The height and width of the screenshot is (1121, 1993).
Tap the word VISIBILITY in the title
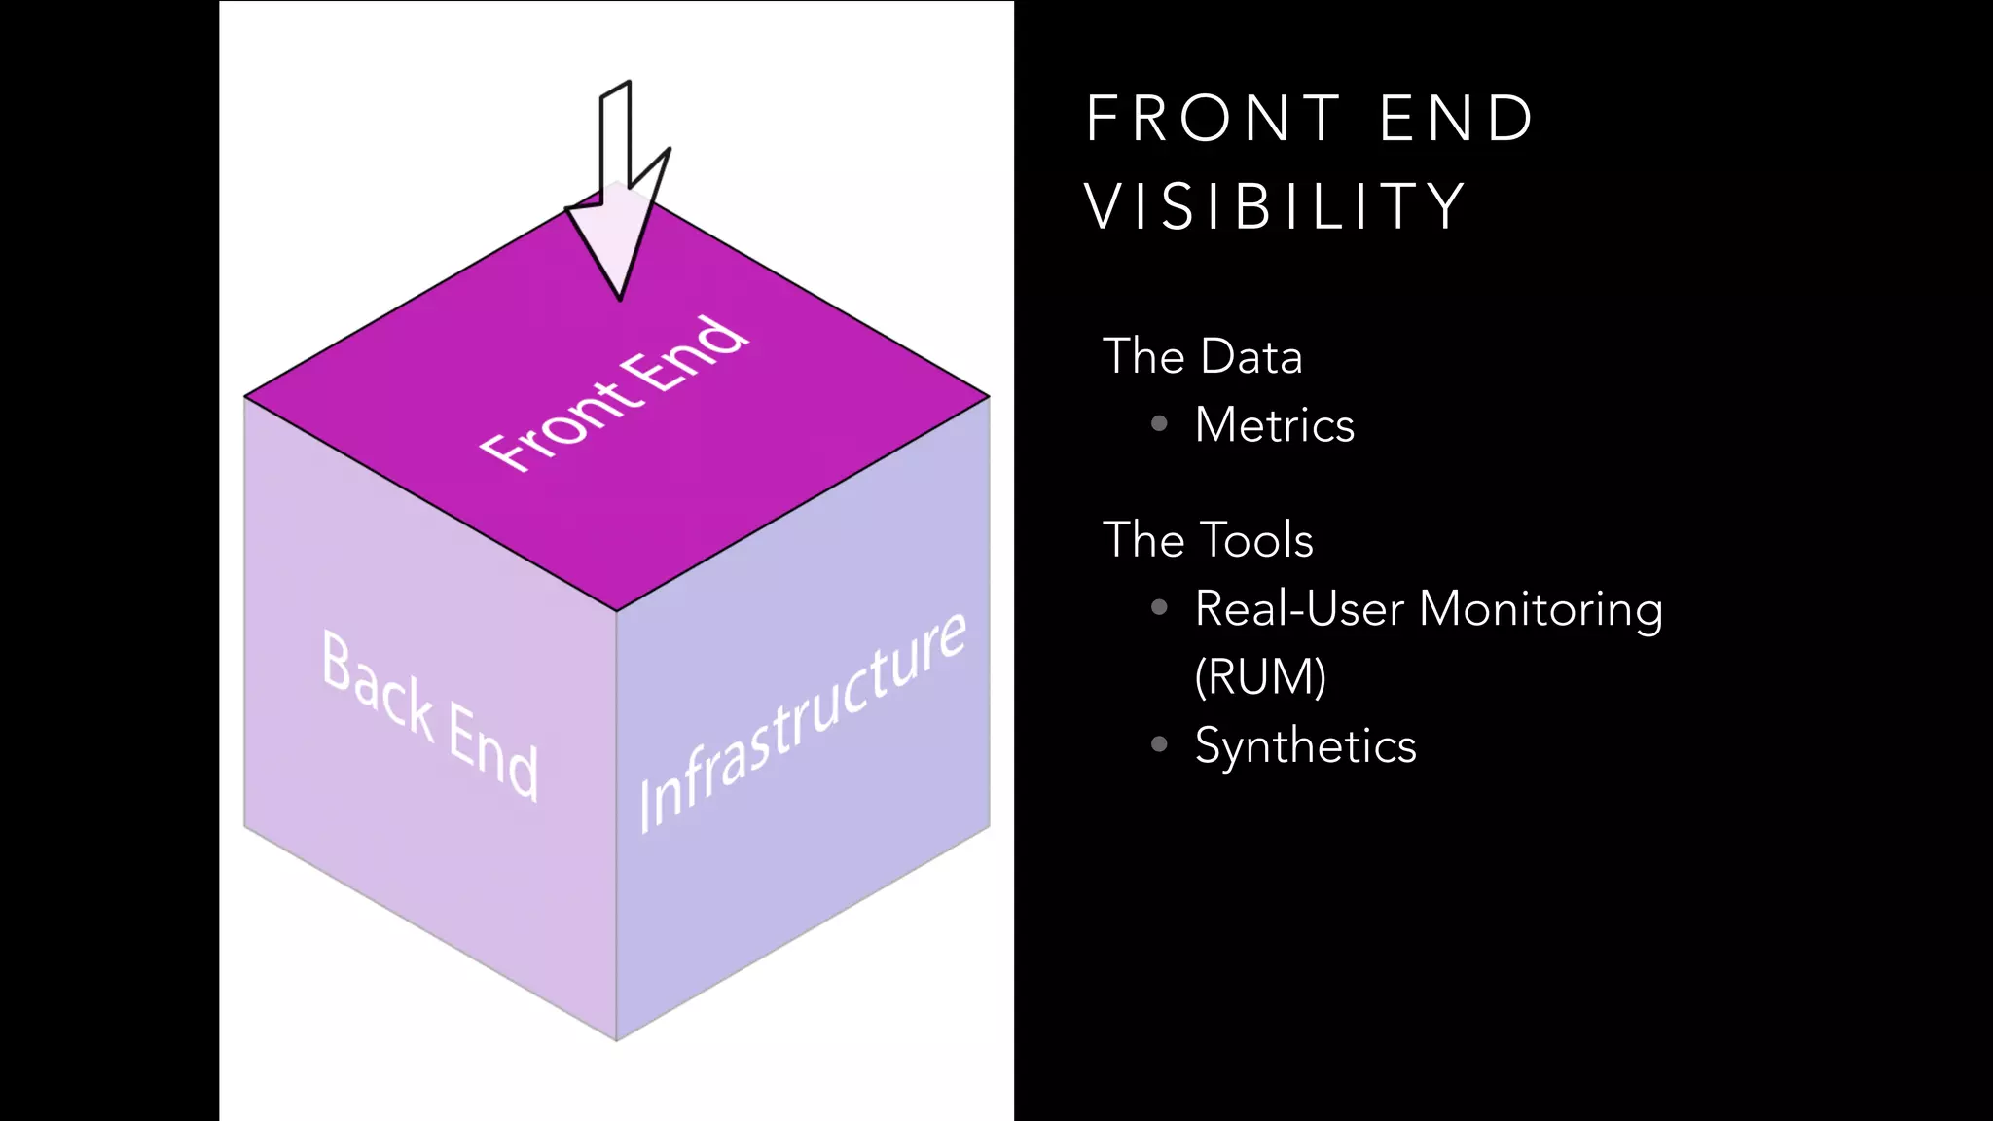coord(1275,206)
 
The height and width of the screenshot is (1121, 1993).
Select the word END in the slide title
coord(1457,119)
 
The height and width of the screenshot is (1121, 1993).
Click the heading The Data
coord(1202,356)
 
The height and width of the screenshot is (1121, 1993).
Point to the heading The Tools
coord(1208,540)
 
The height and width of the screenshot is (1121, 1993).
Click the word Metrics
coord(1274,425)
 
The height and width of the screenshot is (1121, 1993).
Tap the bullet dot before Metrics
coord(1159,423)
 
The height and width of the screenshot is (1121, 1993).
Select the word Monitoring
coord(1540,610)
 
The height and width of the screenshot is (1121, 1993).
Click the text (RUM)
coord(1260,676)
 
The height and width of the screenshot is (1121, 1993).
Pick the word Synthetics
coord(1305,746)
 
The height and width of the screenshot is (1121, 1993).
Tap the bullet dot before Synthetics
coord(1159,744)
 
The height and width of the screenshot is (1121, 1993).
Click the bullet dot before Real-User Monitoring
coord(1159,607)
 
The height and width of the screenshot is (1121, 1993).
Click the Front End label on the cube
coord(614,395)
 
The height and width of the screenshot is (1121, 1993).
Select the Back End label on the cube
coord(429,714)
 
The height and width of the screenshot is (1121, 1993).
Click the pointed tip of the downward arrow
coord(620,297)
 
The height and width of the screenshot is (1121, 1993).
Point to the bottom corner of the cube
coord(616,1039)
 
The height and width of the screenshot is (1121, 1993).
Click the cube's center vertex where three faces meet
coord(616,610)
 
